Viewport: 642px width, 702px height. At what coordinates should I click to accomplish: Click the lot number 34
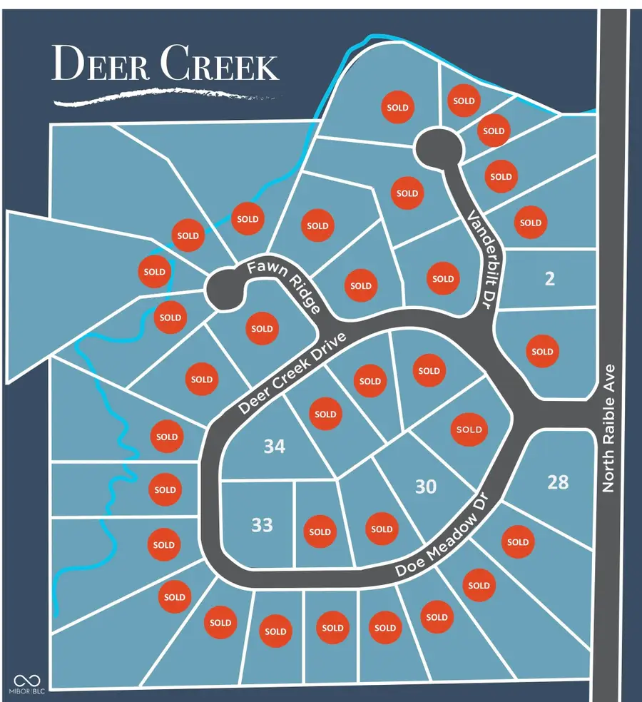pyautogui.click(x=274, y=447)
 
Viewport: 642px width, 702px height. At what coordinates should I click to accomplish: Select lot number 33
pyautogui.click(x=262, y=525)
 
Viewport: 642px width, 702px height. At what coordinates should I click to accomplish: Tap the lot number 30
pyautogui.click(x=426, y=487)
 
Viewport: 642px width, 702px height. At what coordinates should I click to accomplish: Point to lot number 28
pyautogui.click(x=558, y=482)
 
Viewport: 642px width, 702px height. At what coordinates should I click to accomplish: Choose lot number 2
pyautogui.click(x=549, y=279)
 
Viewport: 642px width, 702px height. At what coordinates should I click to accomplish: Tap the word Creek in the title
pyautogui.click(x=219, y=65)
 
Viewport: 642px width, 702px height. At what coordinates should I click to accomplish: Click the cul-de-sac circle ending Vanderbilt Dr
pyautogui.click(x=439, y=146)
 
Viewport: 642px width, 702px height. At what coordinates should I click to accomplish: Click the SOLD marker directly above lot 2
pyautogui.click(x=531, y=223)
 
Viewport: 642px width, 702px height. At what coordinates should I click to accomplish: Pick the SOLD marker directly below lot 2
pyautogui.click(x=542, y=351)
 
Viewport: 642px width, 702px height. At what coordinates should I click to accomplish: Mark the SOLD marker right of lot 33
pyautogui.click(x=320, y=531)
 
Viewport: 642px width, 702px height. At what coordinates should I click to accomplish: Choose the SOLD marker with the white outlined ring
pyautogui.click(x=469, y=429)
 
